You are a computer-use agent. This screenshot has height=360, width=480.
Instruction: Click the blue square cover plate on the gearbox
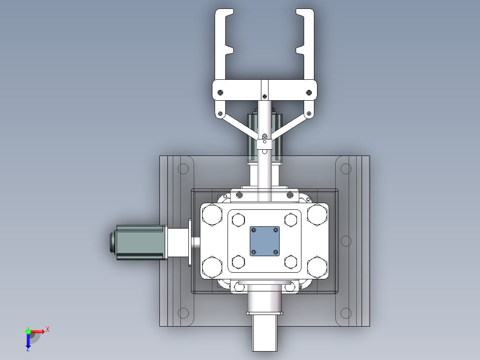(264, 241)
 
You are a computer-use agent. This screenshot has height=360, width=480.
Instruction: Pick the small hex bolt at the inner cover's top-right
(291, 220)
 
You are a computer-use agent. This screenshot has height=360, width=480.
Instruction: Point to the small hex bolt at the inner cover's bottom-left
(239, 262)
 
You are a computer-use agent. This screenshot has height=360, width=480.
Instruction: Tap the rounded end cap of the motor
(112, 242)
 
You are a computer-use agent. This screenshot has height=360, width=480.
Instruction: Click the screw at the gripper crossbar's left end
(220, 93)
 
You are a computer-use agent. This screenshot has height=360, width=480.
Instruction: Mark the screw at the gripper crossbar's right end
(309, 93)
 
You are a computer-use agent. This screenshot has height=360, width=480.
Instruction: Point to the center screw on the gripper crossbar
(264, 96)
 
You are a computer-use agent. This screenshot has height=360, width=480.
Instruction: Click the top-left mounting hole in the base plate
(183, 169)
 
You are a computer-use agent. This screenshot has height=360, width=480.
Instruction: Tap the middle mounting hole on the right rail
(346, 241)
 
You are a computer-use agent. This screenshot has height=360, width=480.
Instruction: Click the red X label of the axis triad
(48, 329)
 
